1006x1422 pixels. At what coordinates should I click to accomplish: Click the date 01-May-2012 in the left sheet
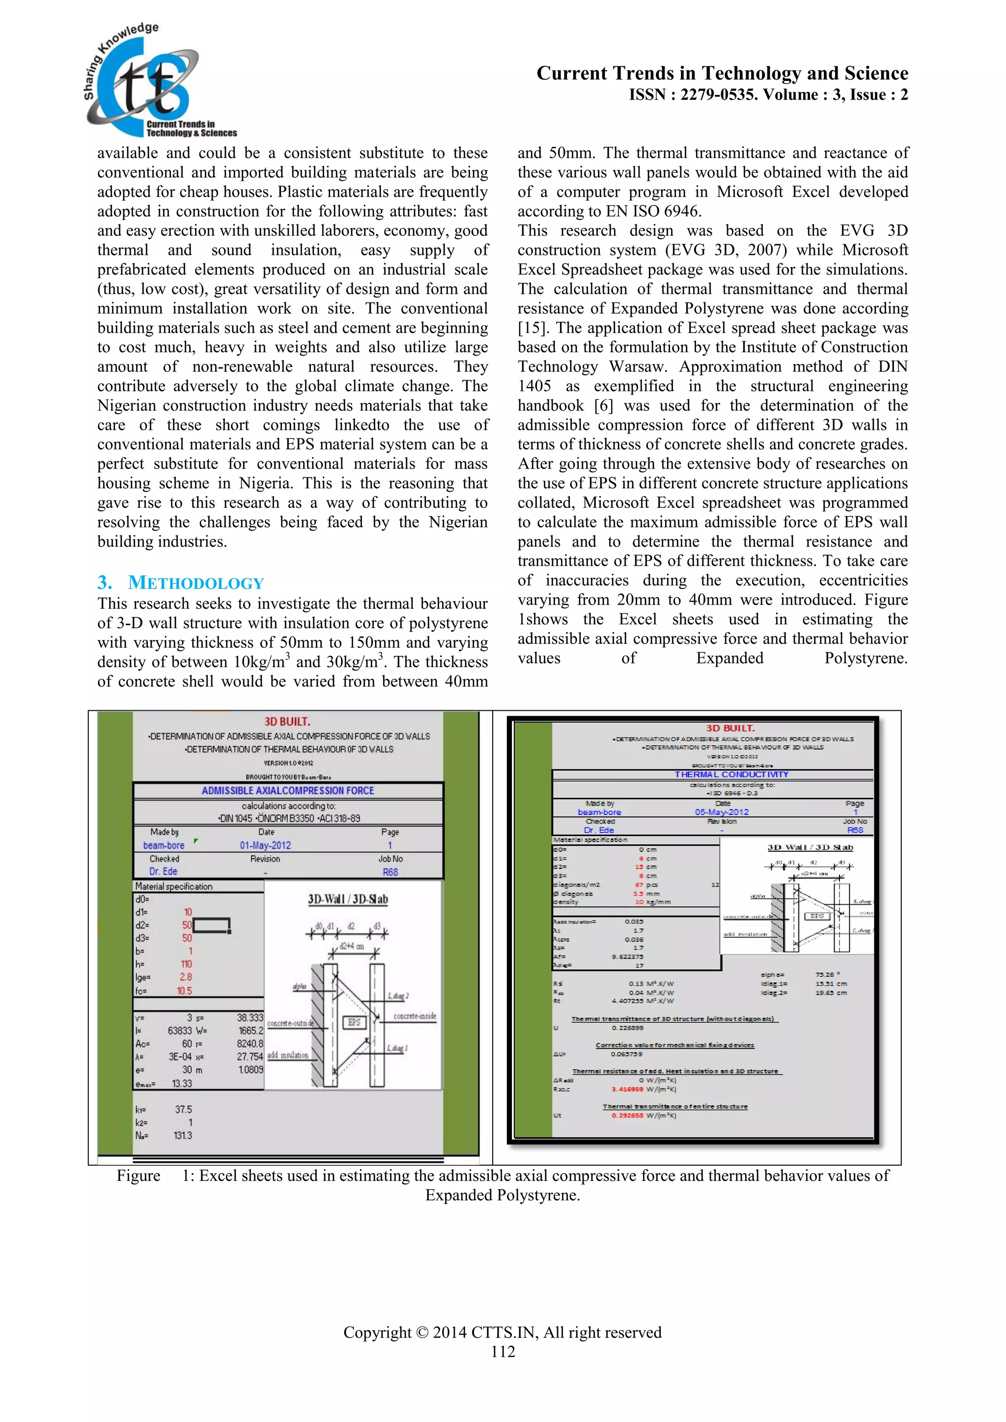point(265,845)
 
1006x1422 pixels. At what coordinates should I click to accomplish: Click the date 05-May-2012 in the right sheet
point(722,812)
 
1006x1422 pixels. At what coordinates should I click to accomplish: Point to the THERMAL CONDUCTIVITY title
point(731,774)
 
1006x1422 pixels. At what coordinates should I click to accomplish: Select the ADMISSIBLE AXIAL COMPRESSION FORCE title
point(287,791)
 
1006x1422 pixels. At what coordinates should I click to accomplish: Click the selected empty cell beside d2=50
point(212,925)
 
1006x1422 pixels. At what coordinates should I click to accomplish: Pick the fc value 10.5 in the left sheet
point(185,991)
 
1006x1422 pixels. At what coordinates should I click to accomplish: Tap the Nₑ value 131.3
point(183,1136)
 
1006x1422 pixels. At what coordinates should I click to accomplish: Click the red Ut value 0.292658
point(627,1115)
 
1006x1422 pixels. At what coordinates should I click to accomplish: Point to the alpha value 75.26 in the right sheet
point(825,974)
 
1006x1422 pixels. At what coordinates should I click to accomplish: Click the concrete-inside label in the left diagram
point(415,1016)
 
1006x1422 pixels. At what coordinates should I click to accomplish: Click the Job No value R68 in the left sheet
point(390,872)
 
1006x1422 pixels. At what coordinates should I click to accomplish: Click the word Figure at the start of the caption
point(138,1175)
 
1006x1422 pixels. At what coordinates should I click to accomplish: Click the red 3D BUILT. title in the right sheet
point(730,728)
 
